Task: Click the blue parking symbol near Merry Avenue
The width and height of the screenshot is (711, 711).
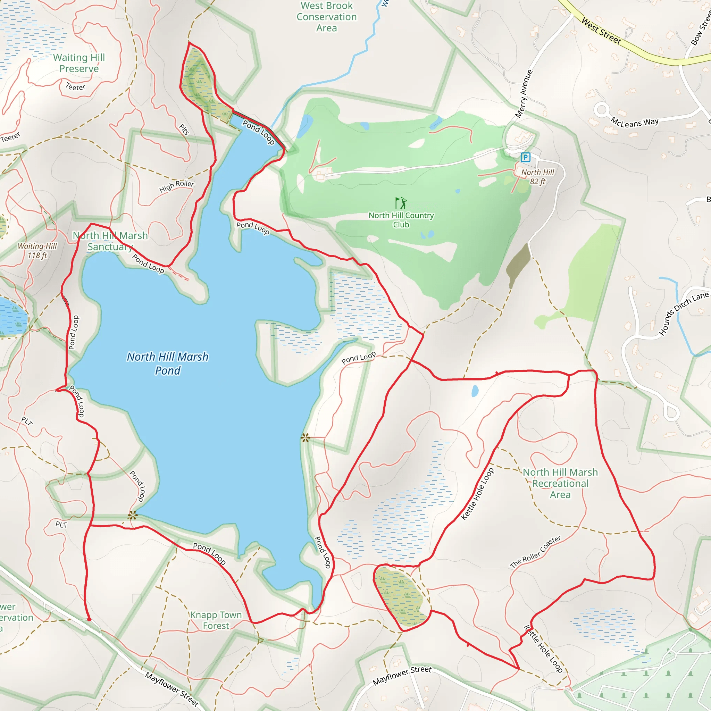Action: (x=525, y=157)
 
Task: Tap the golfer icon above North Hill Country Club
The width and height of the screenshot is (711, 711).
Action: (x=401, y=203)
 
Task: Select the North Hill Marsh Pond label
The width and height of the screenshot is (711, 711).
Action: (x=167, y=363)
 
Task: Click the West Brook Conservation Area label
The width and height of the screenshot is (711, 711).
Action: (x=326, y=17)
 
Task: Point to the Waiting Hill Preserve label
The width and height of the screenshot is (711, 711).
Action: (x=79, y=63)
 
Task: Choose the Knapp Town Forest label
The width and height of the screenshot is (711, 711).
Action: (x=216, y=620)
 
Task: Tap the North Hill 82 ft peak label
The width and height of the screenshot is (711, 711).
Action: (x=537, y=177)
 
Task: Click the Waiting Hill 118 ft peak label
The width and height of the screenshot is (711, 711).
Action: (x=37, y=251)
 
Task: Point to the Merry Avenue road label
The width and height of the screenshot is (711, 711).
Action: (x=524, y=93)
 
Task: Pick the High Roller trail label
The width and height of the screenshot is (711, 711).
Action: (x=177, y=186)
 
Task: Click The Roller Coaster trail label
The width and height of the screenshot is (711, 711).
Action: (x=535, y=552)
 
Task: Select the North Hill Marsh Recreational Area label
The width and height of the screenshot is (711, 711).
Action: (x=560, y=483)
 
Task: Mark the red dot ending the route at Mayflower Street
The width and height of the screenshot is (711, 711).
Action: (x=89, y=619)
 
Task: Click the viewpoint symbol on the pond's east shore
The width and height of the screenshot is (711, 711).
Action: (x=306, y=437)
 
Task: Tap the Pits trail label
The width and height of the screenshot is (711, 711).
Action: (x=184, y=129)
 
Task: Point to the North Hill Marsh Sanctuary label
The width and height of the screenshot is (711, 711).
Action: (x=110, y=241)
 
